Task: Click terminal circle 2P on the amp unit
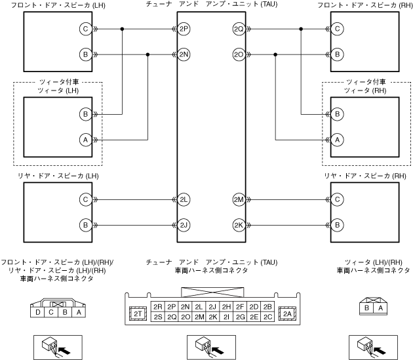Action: coord(184,30)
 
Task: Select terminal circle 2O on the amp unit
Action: coord(239,54)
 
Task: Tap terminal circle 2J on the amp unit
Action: coord(184,225)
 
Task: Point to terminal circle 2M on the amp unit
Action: coord(239,199)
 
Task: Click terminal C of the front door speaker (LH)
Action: coord(85,30)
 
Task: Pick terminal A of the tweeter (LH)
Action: coord(85,139)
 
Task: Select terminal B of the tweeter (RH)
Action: coord(337,114)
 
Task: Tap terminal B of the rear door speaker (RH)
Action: coord(337,225)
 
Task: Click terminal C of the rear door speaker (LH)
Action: coord(85,199)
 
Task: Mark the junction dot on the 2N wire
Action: coord(148,54)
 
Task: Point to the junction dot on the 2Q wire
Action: coord(300,30)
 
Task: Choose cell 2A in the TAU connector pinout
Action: coord(287,314)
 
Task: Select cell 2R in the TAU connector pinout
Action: coord(157,307)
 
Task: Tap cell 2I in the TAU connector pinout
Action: coord(226,317)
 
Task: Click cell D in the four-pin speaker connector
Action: coord(39,313)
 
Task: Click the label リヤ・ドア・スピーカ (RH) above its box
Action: coord(365,177)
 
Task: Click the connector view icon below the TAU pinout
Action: coord(205,345)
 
